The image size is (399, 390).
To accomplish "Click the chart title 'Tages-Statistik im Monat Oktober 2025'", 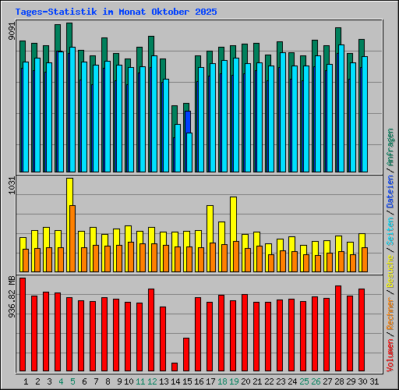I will (116, 12).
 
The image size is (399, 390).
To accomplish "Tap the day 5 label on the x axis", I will (72, 381).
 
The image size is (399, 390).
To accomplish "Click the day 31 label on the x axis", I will (374, 381).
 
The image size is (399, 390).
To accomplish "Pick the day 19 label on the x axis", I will (234, 381).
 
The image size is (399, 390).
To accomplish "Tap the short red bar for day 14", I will (175, 367).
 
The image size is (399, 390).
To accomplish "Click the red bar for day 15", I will (186, 355).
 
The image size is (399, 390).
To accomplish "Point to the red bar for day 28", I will (338, 328).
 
